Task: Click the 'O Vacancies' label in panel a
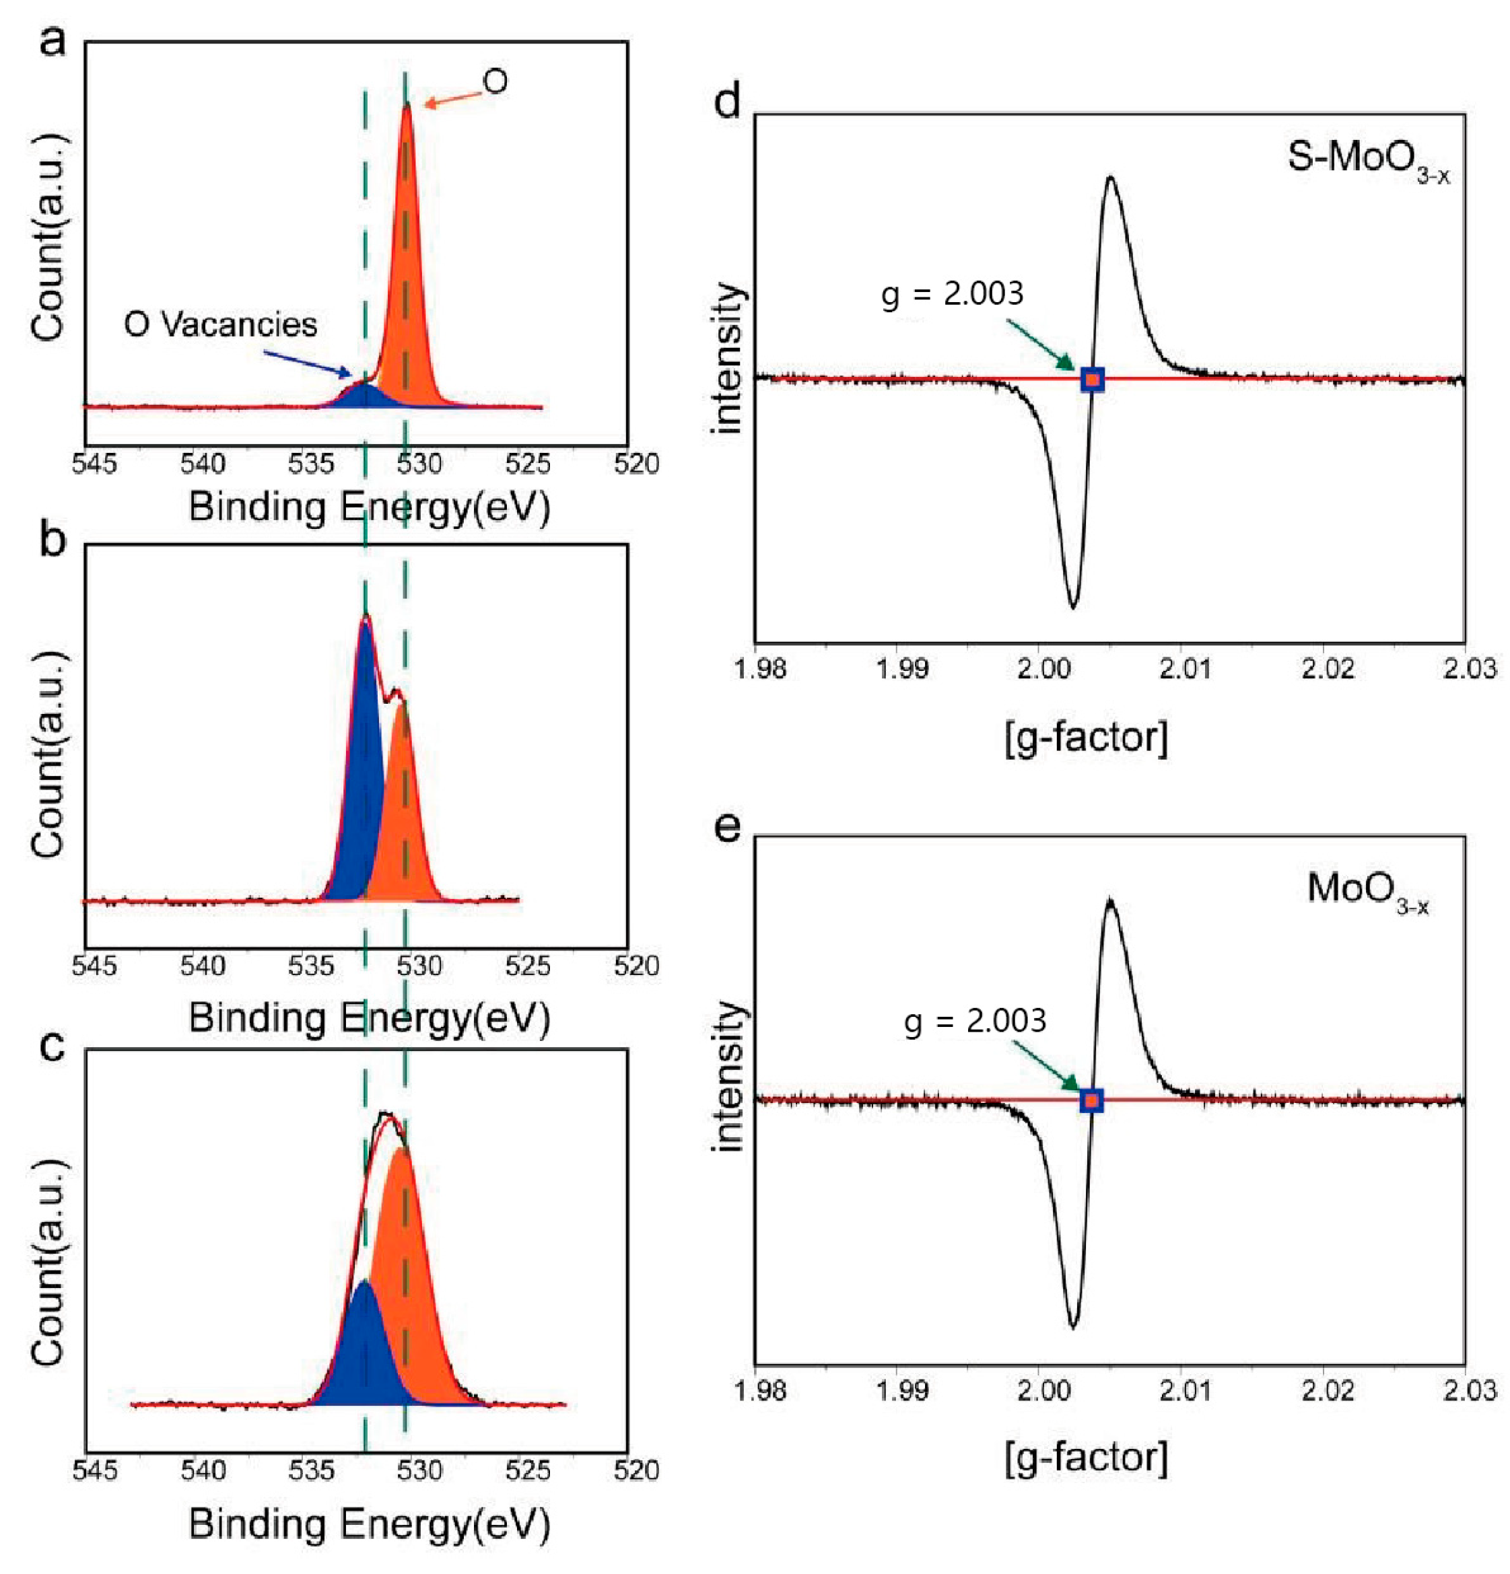[x=220, y=324]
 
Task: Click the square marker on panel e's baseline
[x=1091, y=1100]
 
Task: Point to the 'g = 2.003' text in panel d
[x=952, y=294]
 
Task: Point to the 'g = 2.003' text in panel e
[x=975, y=1022]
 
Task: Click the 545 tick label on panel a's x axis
[x=95, y=464]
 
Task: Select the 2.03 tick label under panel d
[x=1469, y=668]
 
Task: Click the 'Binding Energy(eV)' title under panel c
[x=370, y=1524]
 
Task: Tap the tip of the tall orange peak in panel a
[x=407, y=104]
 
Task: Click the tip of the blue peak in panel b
[x=366, y=617]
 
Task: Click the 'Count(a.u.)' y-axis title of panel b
[x=50, y=755]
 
